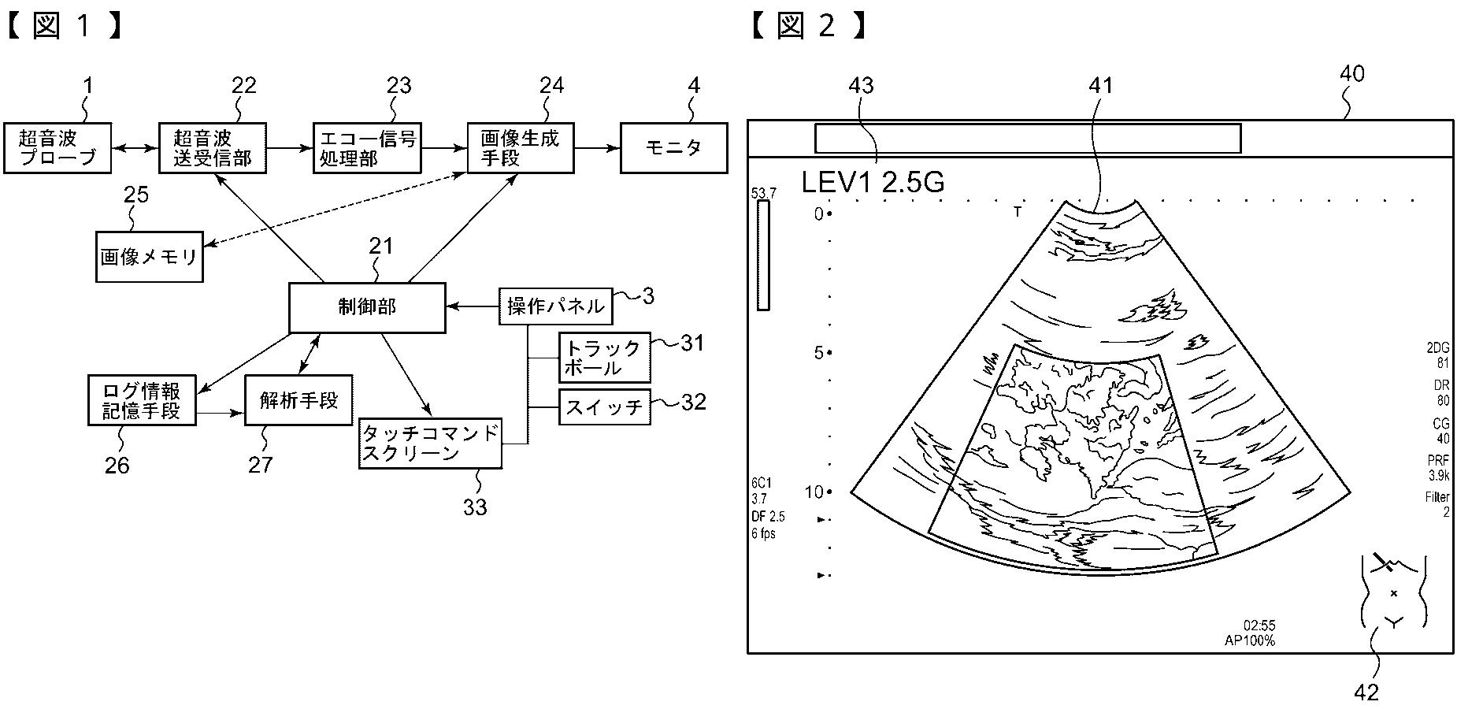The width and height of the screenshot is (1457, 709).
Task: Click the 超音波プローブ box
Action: click(57, 148)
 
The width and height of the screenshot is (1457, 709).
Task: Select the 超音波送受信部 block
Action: click(212, 148)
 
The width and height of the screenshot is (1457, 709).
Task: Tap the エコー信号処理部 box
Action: click(366, 148)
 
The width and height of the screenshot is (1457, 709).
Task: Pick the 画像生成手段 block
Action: click(520, 148)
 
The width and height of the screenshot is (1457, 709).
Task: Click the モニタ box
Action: click(673, 148)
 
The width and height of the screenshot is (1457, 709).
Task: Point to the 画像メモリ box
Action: click(149, 257)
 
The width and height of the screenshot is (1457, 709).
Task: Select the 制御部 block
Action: click(367, 307)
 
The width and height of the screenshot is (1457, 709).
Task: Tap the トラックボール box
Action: click(604, 358)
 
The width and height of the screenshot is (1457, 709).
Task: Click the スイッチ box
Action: click(604, 407)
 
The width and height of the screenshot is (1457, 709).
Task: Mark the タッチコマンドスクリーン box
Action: click(430, 444)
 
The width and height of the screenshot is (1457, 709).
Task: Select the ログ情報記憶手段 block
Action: click(142, 400)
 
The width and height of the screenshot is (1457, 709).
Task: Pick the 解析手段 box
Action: click(298, 400)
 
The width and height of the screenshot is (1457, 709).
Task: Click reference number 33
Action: click(475, 507)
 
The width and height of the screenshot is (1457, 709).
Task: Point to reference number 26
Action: click(117, 466)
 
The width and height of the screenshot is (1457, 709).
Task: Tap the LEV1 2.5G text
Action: click(873, 182)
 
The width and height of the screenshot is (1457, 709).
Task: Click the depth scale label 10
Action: click(814, 492)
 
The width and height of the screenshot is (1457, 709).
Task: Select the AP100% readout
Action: click(1249, 640)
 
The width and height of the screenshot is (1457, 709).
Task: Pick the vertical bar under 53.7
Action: click(762, 255)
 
